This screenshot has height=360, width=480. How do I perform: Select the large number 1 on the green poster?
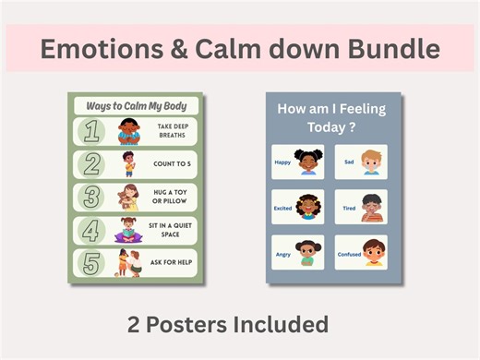(x=90, y=131)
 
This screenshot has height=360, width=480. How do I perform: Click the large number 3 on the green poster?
(x=90, y=198)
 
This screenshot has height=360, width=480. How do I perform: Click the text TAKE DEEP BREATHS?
(x=172, y=131)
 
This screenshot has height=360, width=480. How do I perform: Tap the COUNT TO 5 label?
(x=172, y=164)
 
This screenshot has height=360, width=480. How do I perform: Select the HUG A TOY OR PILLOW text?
(x=172, y=198)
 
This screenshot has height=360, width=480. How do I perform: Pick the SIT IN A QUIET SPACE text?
(x=172, y=231)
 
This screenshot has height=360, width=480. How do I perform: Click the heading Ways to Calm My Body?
(x=136, y=105)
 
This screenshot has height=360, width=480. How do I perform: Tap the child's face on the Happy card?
(x=307, y=160)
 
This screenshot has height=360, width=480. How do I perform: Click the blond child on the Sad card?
(x=371, y=162)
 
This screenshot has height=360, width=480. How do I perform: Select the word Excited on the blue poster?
(x=283, y=209)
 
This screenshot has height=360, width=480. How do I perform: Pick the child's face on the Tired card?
(x=371, y=206)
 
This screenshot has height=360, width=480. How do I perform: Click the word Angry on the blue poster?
(x=282, y=253)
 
